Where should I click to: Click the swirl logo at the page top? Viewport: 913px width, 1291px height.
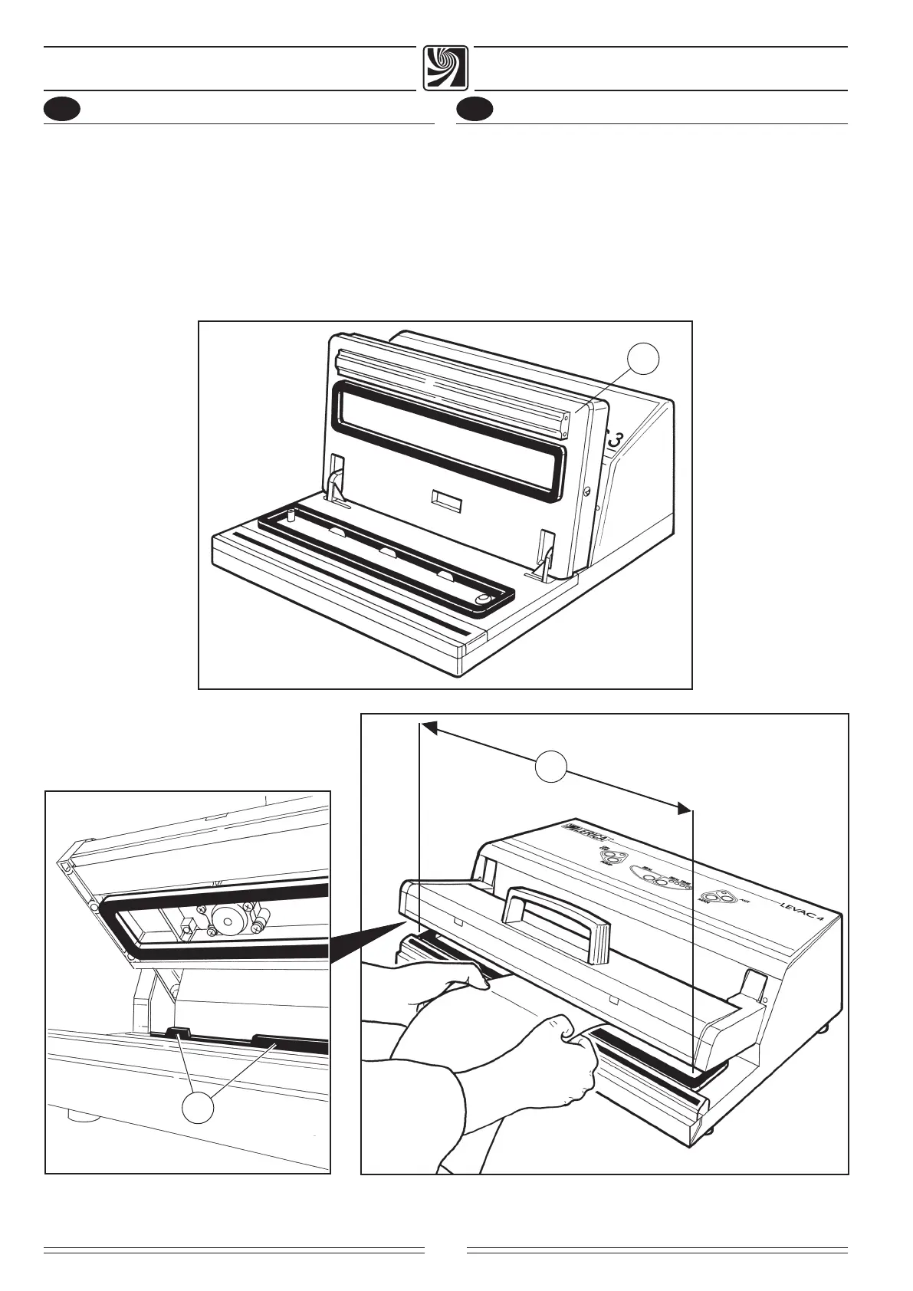pos(445,69)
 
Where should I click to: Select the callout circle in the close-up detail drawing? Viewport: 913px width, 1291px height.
pos(198,1110)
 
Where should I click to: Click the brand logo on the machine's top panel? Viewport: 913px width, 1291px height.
pos(584,833)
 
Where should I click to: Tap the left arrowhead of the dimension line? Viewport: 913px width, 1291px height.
pos(429,727)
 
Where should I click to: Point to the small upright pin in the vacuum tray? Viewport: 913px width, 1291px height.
pos(292,513)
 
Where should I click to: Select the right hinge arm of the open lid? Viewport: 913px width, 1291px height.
pos(545,550)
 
